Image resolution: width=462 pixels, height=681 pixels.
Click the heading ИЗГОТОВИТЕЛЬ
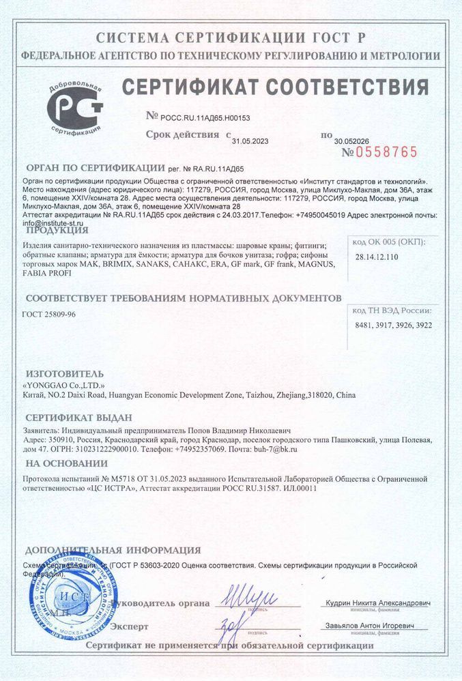64,373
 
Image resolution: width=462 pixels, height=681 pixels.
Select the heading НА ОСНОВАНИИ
62,463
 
